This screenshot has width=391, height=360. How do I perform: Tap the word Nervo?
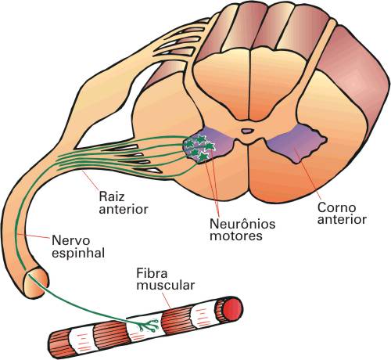coord(71,240)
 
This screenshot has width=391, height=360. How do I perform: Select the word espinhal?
coord(78,254)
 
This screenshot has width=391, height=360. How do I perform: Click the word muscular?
coord(166,285)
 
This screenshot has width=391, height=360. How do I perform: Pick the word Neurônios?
coord(242,224)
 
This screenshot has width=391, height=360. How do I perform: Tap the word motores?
coord(236,236)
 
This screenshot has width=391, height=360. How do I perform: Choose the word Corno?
coord(336,208)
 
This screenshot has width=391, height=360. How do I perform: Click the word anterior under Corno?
coord(342,220)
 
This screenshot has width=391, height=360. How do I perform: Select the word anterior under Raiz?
coord(124,209)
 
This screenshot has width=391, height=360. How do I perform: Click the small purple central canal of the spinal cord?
coord(247,131)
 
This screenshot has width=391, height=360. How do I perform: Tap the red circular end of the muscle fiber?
coord(232,310)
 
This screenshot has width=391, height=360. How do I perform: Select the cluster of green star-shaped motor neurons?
coord(199,148)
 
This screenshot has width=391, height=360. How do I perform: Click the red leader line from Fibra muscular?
coord(167,301)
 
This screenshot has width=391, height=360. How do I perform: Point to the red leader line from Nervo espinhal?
coord(34,236)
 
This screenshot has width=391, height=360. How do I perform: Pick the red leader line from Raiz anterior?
coord(91,181)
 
